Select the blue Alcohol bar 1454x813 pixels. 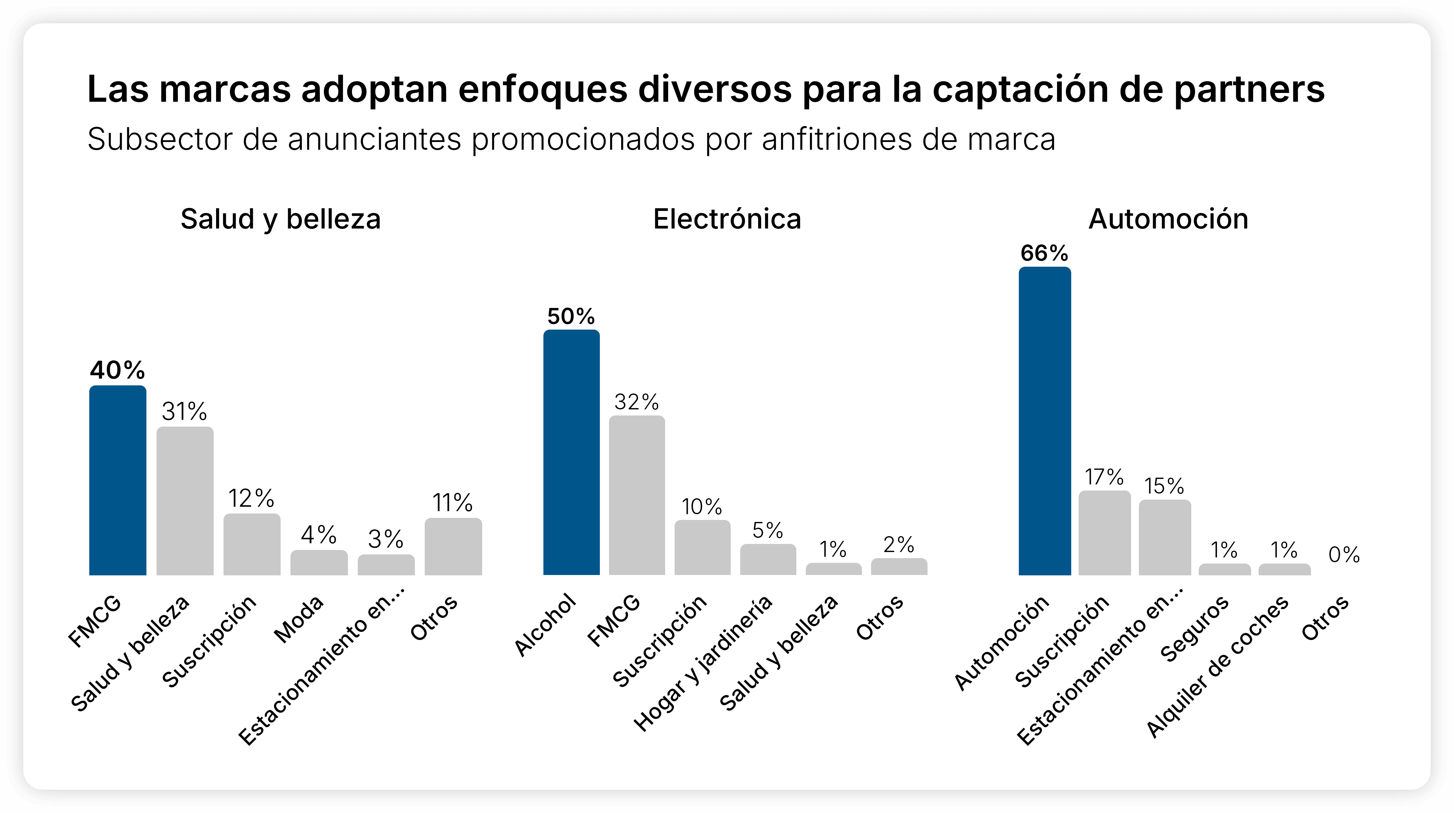pyautogui.click(x=571, y=453)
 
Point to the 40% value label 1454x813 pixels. pyautogui.click(x=117, y=370)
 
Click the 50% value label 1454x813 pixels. pyautogui.click(x=571, y=316)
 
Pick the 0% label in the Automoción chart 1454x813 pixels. pyautogui.click(x=1344, y=555)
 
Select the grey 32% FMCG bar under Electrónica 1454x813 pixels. pyautogui.click(x=637, y=495)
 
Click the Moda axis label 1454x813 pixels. pyautogui.click(x=299, y=619)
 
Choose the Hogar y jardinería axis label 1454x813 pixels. pyautogui.click(x=703, y=663)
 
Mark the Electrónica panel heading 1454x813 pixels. pyautogui.click(x=727, y=219)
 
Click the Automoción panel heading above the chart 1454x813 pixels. pyautogui.click(x=1168, y=219)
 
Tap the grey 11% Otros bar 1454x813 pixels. pyautogui.click(x=453, y=547)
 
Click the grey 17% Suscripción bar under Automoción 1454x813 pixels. pyautogui.click(x=1105, y=533)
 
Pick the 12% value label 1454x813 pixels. pyautogui.click(x=251, y=498)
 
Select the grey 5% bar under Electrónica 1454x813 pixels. pyautogui.click(x=768, y=560)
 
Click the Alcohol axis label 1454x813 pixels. pyautogui.click(x=545, y=625)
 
